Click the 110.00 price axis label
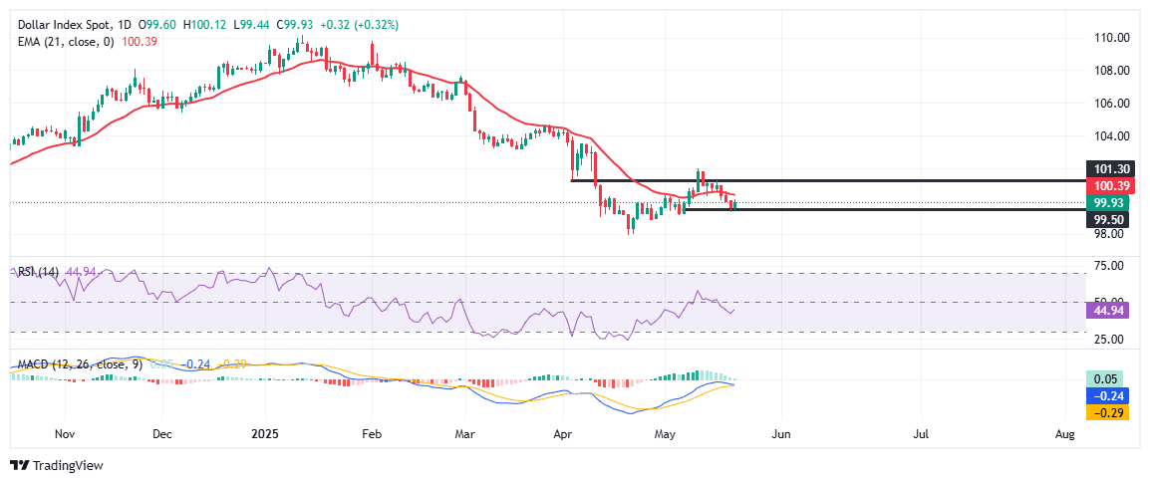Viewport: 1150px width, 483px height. tap(1109, 38)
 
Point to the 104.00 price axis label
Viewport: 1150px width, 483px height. tap(1109, 136)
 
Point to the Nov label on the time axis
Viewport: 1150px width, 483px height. tap(65, 435)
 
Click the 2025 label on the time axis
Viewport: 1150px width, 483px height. tap(264, 435)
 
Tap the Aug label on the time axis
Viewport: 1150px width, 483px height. tap(1064, 435)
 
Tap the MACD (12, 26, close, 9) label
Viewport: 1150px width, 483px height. tap(69, 363)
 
